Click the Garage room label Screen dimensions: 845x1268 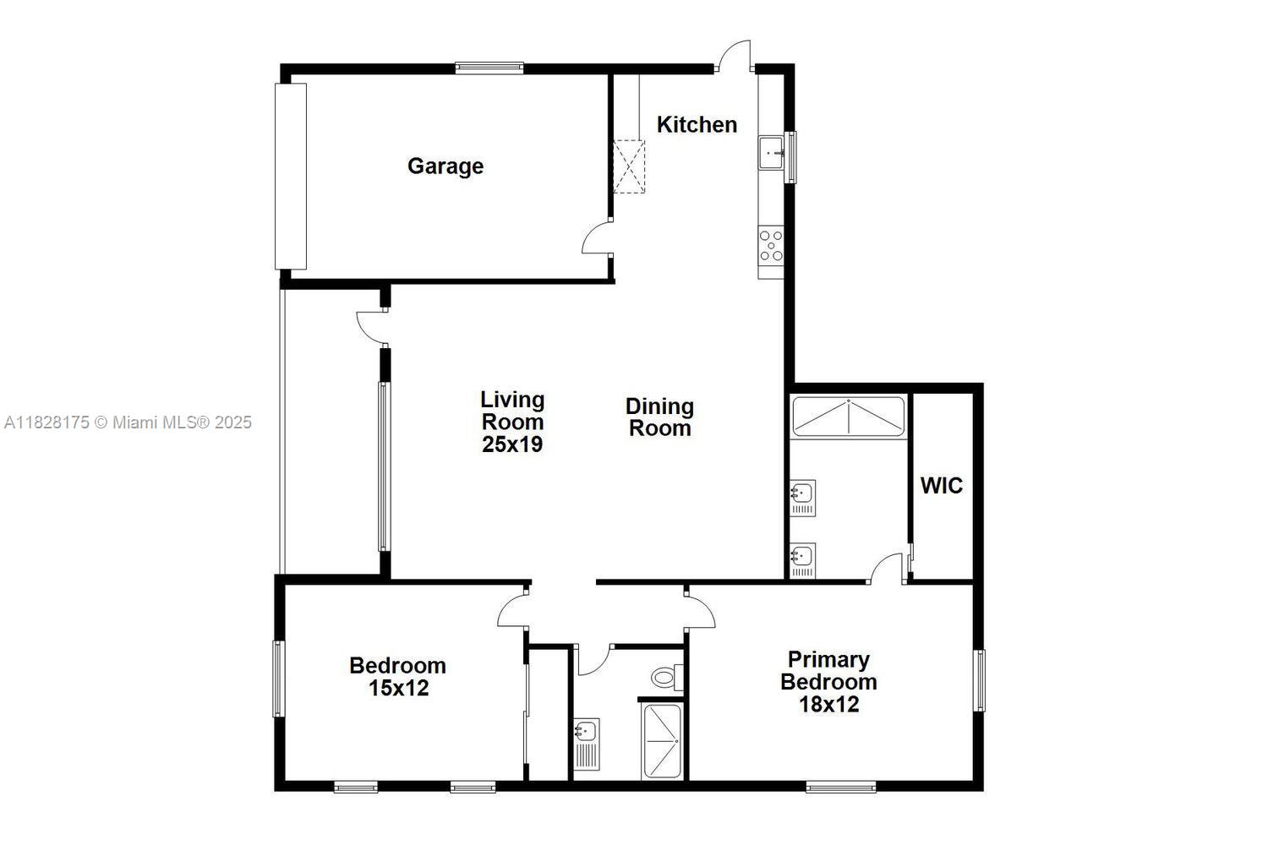(445, 166)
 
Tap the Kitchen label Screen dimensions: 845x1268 (697, 124)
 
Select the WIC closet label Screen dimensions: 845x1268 (941, 486)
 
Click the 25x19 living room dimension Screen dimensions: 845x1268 (512, 444)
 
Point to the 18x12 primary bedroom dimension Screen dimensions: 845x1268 (828, 704)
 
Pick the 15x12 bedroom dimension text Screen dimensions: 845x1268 (398, 688)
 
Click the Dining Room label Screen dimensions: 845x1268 (659, 417)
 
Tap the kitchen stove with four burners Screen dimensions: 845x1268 (771, 245)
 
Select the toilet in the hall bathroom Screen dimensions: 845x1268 (665, 677)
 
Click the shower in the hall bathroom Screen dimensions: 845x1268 (662, 741)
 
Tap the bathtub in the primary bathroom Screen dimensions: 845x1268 (848, 415)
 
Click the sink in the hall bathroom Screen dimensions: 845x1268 (587, 742)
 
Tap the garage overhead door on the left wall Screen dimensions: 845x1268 (290, 175)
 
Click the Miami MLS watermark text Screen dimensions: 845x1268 (128, 422)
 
